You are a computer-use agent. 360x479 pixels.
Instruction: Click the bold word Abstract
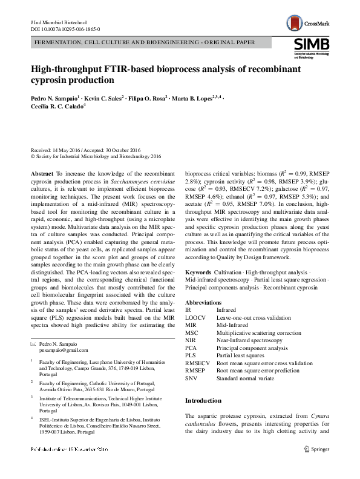point(42,173)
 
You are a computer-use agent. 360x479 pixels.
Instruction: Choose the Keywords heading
point(198,273)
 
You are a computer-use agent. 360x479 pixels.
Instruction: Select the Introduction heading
point(203,400)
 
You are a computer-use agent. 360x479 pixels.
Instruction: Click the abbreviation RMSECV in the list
point(198,362)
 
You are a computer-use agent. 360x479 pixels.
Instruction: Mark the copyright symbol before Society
point(33,156)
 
